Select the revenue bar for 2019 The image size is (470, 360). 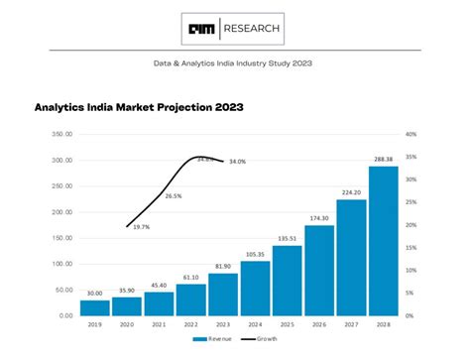point(96,307)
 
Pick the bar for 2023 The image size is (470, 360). point(223,295)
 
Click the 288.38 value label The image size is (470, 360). point(383,159)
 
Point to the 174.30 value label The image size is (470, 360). point(319,218)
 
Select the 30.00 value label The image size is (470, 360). point(96,294)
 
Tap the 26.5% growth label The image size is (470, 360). point(174,196)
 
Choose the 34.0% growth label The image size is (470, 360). point(237,162)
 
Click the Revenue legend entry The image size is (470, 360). point(217,338)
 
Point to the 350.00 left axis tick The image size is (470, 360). point(61,134)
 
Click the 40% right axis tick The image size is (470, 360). point(411,134)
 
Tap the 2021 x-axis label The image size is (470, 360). point(160,324)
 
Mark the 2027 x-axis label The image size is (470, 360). point(351,324)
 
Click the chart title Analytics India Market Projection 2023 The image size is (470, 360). point(140,106)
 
